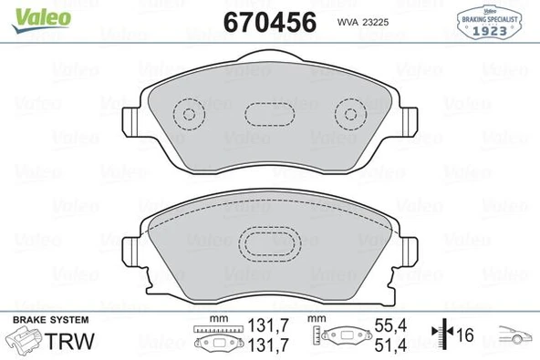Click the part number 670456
tap(271, 21)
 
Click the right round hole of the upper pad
tap(349, 114)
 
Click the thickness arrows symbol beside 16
tap(443, 335)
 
